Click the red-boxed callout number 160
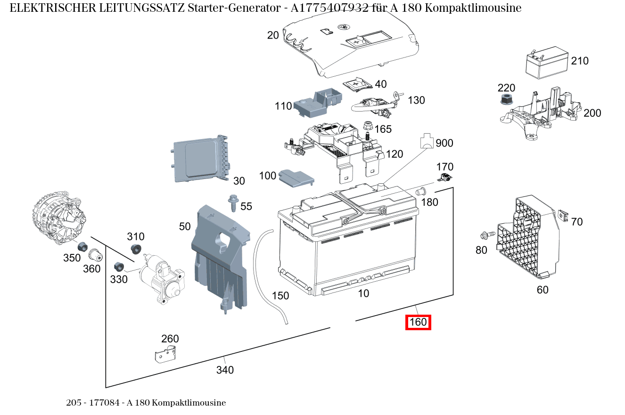click(418, 323)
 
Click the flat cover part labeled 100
click(296, 178)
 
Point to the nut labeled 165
click(369, 127)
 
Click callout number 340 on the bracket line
click(225, 370)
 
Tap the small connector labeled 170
click(445, 178)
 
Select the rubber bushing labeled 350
click(82, 246)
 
